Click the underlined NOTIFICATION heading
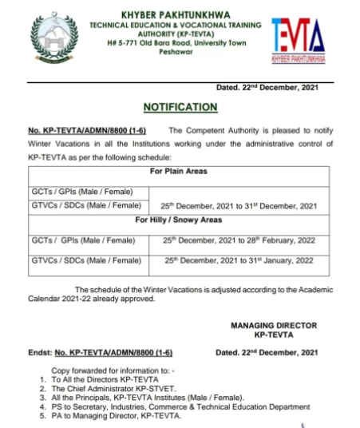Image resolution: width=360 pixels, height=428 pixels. tap(180, 106)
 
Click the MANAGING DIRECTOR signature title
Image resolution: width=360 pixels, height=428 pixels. tap(274, 325)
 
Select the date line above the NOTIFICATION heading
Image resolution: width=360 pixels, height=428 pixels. tap(267, 87)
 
